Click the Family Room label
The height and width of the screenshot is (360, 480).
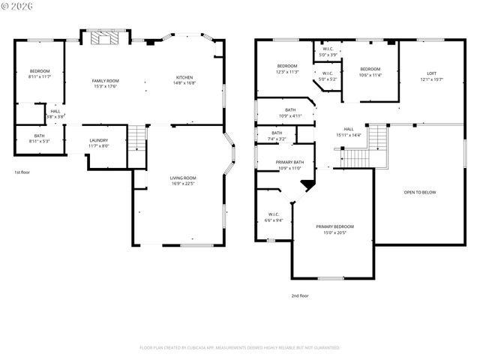[x=106, y=81]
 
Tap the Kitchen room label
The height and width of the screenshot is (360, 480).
[x=184, y=78]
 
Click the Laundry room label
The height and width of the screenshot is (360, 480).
[x=98, y=140]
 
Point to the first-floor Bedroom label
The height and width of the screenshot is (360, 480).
[x=39, y=70]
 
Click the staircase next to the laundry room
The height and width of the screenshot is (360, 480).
[x=136, y=138]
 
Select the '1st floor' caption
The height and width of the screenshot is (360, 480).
[x=22, y=172]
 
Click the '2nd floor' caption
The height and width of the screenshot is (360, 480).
[x=300, y=295]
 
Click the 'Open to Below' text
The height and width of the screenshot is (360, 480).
[x=420, y=192]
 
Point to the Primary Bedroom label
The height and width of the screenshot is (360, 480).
[x=334, y=226]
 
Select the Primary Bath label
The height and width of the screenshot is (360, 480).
[x=289, y=162]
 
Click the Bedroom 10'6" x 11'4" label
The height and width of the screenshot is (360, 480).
[x=370, y=69]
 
